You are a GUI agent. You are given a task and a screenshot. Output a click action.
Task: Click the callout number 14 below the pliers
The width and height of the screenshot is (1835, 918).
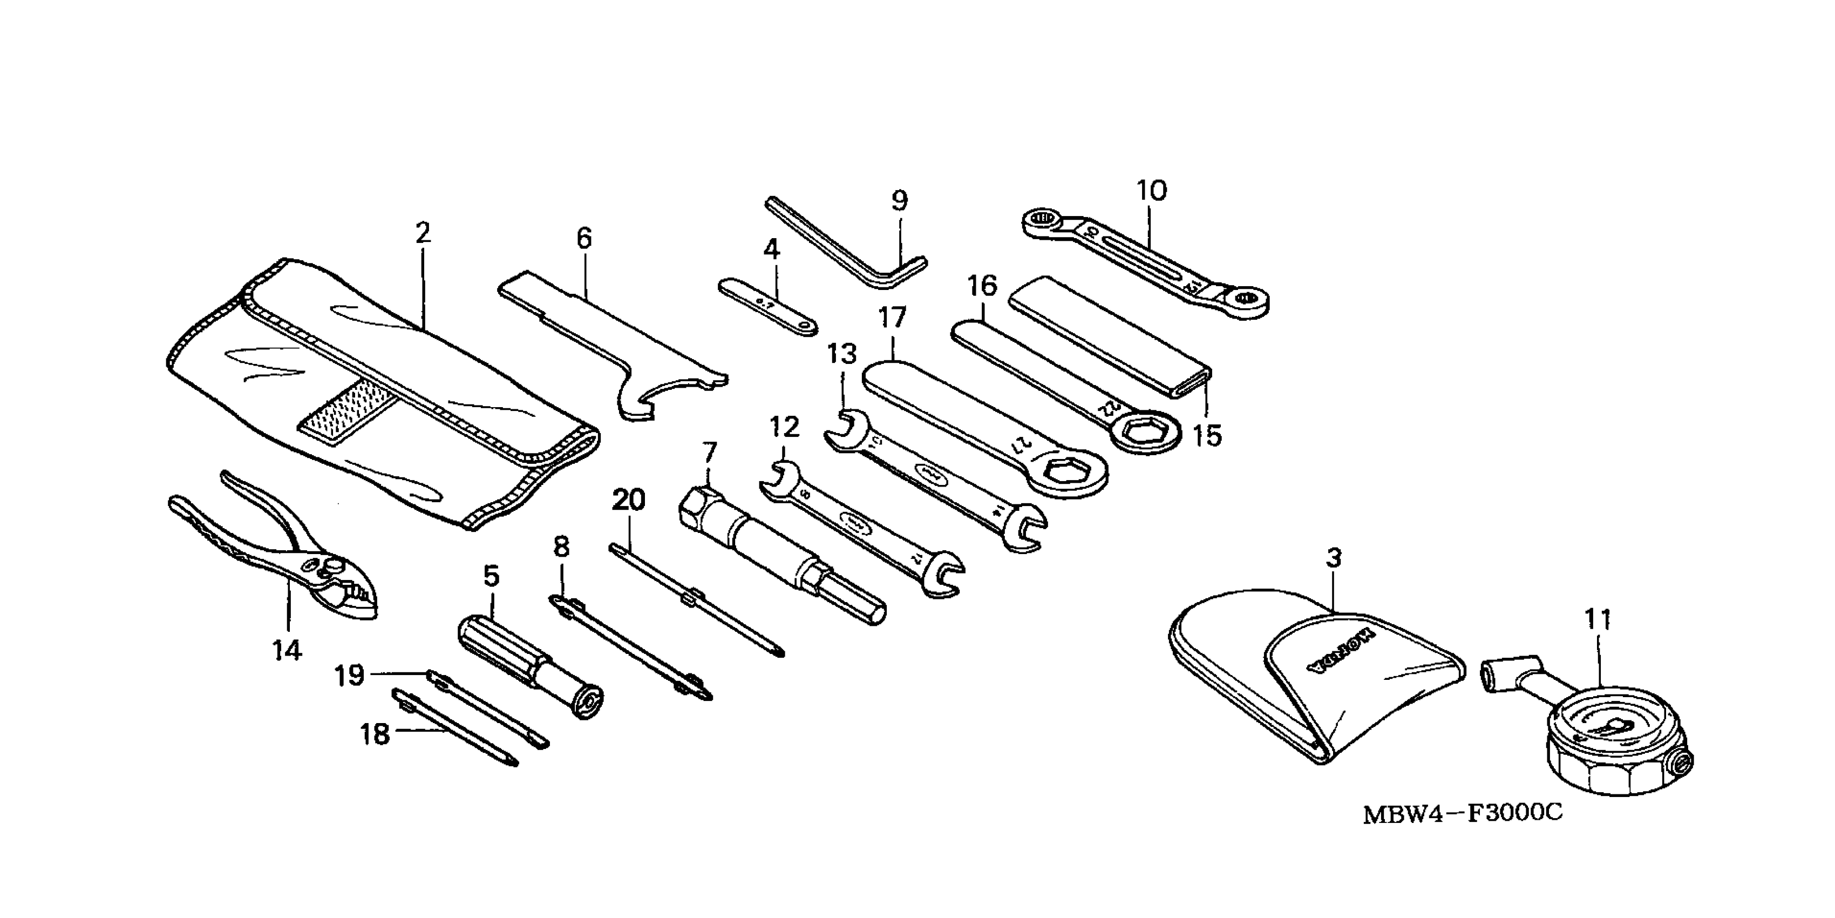(287, 650)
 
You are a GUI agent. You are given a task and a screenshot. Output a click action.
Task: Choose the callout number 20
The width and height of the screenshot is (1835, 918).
(628, 501)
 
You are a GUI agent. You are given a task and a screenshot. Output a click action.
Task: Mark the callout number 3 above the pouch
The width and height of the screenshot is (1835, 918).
(1334, 558)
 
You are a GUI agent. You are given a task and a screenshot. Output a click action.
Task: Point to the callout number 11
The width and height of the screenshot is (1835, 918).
(1598, 619)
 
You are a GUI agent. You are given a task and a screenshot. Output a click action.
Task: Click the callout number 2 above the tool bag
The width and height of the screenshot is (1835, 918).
(423, 233)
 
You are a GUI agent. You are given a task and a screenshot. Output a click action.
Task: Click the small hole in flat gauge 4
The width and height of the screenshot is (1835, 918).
(806, 327)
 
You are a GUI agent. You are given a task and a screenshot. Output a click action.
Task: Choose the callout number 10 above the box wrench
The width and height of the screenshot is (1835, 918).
(1151, 191)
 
